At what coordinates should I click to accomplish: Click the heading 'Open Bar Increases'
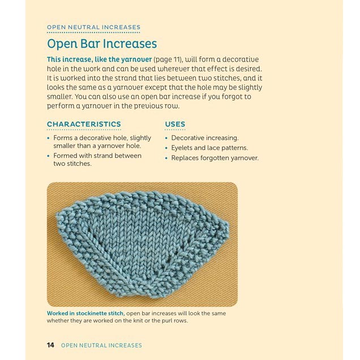tap(102, 44)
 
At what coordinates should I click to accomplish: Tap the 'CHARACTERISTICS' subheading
tap(84, 124)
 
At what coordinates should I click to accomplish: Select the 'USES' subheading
tap(175, 124)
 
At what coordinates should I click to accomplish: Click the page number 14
tap(50, 345)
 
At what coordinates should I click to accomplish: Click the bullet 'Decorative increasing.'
tap(205, 138)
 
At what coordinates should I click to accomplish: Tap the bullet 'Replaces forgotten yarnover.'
tap(215, 158)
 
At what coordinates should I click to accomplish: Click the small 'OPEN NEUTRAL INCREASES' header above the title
tap(93, 27)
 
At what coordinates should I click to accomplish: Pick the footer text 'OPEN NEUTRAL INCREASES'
tap(101, 345)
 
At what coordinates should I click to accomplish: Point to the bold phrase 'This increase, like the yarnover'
tap(100, 59)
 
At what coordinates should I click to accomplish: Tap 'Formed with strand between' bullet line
tap(97, 156)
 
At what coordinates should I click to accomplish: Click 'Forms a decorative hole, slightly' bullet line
tap(102, 138)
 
